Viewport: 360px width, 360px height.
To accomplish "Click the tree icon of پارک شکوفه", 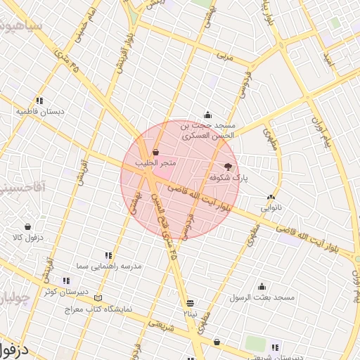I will coord(226,167).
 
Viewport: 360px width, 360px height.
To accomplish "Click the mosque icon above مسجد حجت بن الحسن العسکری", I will coord(207,115).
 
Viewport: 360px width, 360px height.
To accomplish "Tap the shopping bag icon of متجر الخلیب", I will coord(155,152).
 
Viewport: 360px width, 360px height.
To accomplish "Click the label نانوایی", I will coord(271,207).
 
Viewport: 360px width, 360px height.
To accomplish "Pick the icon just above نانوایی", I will coord(271,197).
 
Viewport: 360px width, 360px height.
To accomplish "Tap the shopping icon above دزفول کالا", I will coord(27,226).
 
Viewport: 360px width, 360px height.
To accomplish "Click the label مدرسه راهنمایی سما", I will coord(112,266).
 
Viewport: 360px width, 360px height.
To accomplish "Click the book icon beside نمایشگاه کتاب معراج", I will coord(98,299).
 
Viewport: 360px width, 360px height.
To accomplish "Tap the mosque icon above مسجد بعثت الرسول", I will coord(262,286).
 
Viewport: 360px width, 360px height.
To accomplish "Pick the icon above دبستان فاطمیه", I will coord(40,100).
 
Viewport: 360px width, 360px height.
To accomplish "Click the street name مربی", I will coord(224,54).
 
